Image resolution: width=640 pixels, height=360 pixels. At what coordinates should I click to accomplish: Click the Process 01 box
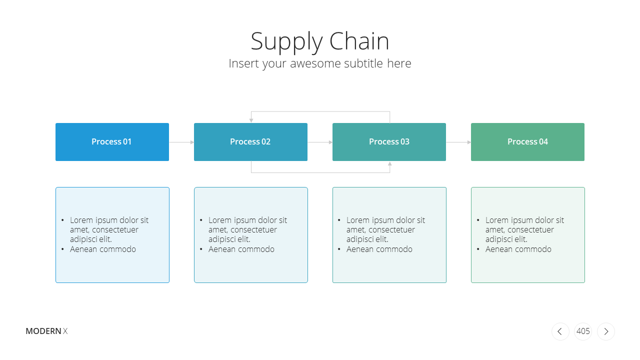click(x=112, y=142)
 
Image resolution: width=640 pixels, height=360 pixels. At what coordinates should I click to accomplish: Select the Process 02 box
click(x=250, y=142)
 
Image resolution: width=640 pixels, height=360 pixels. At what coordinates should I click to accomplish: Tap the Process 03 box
click(x=389, y=142)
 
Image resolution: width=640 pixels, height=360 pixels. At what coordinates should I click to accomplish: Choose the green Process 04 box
click(x=527, y=142)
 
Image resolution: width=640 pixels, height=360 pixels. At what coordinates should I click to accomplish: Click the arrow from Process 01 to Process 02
click(x=181, y=142)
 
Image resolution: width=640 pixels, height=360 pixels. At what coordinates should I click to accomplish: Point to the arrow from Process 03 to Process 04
click(x=458, y=142)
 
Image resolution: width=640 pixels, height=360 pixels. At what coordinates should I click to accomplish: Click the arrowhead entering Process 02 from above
click(x=251, y=120)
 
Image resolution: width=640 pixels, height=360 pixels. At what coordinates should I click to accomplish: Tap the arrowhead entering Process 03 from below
click(x=389, y=163)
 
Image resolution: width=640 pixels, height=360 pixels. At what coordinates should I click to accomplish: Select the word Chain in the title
click(x=359, y=41)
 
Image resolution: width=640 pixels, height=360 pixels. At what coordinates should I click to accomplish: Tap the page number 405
click(x=583, y=331)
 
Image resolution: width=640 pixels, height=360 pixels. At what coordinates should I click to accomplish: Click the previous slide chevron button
click(x=560, y=331)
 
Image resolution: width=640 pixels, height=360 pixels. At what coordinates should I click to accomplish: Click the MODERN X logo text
click(x=46, y=331)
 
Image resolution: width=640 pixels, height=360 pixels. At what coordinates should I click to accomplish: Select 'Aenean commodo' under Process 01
click(x=103, y=249)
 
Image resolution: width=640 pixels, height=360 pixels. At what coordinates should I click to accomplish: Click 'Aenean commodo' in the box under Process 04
click(x=518, y=249)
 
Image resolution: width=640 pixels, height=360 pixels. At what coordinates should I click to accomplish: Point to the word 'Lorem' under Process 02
click(x=220, y=220)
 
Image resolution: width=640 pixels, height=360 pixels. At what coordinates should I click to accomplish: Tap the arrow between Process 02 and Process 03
click(x=320, y=142)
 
